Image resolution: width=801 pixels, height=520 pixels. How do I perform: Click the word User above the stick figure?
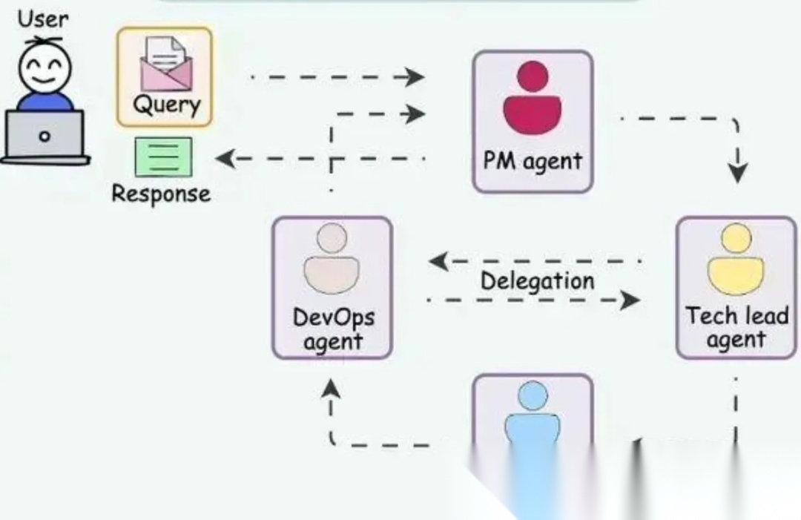[43, 19]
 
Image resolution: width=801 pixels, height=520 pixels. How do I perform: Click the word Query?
[166, 105]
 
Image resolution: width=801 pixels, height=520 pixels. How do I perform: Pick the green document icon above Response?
[163, 157]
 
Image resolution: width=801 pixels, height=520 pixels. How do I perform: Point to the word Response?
[161, 194]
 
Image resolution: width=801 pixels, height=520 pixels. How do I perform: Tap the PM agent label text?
[533, 161]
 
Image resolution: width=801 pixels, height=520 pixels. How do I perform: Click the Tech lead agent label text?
[736, 328]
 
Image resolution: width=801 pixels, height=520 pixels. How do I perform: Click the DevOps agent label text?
[333, 329]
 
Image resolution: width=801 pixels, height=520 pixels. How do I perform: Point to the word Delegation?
[537, 281]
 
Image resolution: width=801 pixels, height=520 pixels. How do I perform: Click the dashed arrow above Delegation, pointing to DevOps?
[534, 261]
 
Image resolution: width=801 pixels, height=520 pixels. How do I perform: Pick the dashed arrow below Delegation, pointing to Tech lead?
[534, 300]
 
